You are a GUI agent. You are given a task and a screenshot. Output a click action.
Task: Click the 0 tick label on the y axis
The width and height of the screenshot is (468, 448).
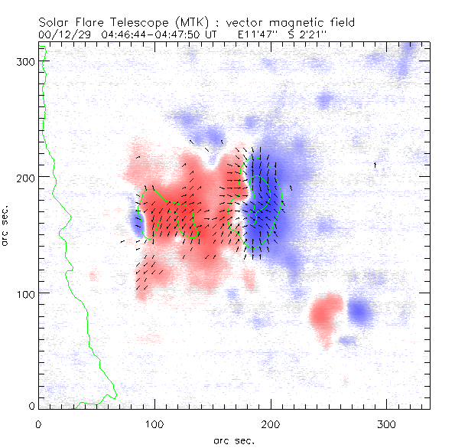31,406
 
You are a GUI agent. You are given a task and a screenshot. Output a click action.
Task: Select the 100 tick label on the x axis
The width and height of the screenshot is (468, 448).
154,423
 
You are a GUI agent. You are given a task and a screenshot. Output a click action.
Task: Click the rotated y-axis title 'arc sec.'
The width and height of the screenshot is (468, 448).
6,225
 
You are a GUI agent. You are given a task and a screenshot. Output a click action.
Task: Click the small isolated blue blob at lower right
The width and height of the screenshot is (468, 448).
359,311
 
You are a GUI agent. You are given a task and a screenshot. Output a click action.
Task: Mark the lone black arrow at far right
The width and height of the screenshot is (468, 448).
375,164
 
